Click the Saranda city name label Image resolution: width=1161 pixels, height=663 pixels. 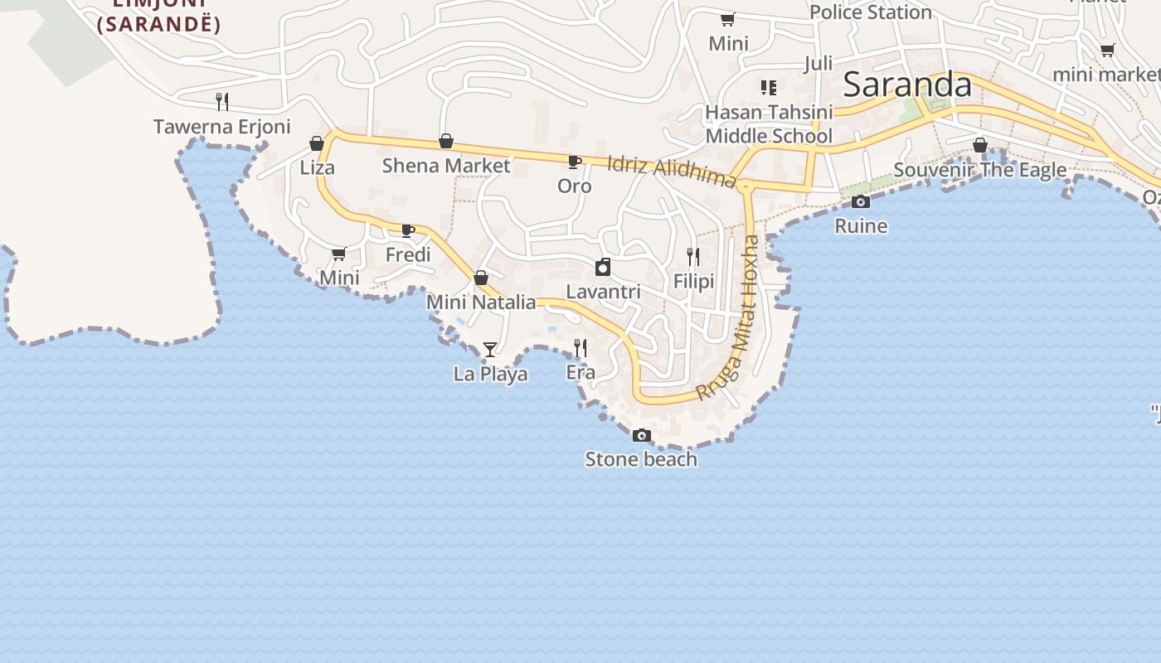click(907, 85)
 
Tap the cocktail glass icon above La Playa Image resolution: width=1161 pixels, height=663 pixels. click(490, 350)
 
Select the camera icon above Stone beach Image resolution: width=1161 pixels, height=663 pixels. click(641, 435)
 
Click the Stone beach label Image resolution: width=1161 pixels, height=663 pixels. click(641, 459)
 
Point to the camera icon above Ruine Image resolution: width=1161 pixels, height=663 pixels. click(861, 201)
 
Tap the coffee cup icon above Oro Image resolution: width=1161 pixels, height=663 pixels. click(574, 162)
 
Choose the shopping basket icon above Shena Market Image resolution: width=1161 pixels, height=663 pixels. click(446, 142)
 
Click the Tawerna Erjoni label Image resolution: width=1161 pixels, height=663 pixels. click(222, 127)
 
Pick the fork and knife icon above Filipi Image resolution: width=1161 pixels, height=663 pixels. click(693, 257)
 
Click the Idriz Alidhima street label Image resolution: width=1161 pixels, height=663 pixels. click(672, 170)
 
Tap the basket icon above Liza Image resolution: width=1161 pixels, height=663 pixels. click(317, 143)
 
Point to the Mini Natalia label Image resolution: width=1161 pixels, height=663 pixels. click(481, 302)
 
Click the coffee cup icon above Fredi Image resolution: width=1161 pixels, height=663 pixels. click(408, 230)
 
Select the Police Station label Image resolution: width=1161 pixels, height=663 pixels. click(871, 12)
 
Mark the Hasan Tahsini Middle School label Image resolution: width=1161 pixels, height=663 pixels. click(769, 123)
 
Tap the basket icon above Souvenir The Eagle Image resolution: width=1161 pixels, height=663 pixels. click(980, 146)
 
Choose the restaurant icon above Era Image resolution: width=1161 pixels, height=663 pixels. click(580, 348)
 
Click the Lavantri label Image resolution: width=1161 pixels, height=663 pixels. click(603, 292)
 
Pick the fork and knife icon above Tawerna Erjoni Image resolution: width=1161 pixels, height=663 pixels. click(222, 102)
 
